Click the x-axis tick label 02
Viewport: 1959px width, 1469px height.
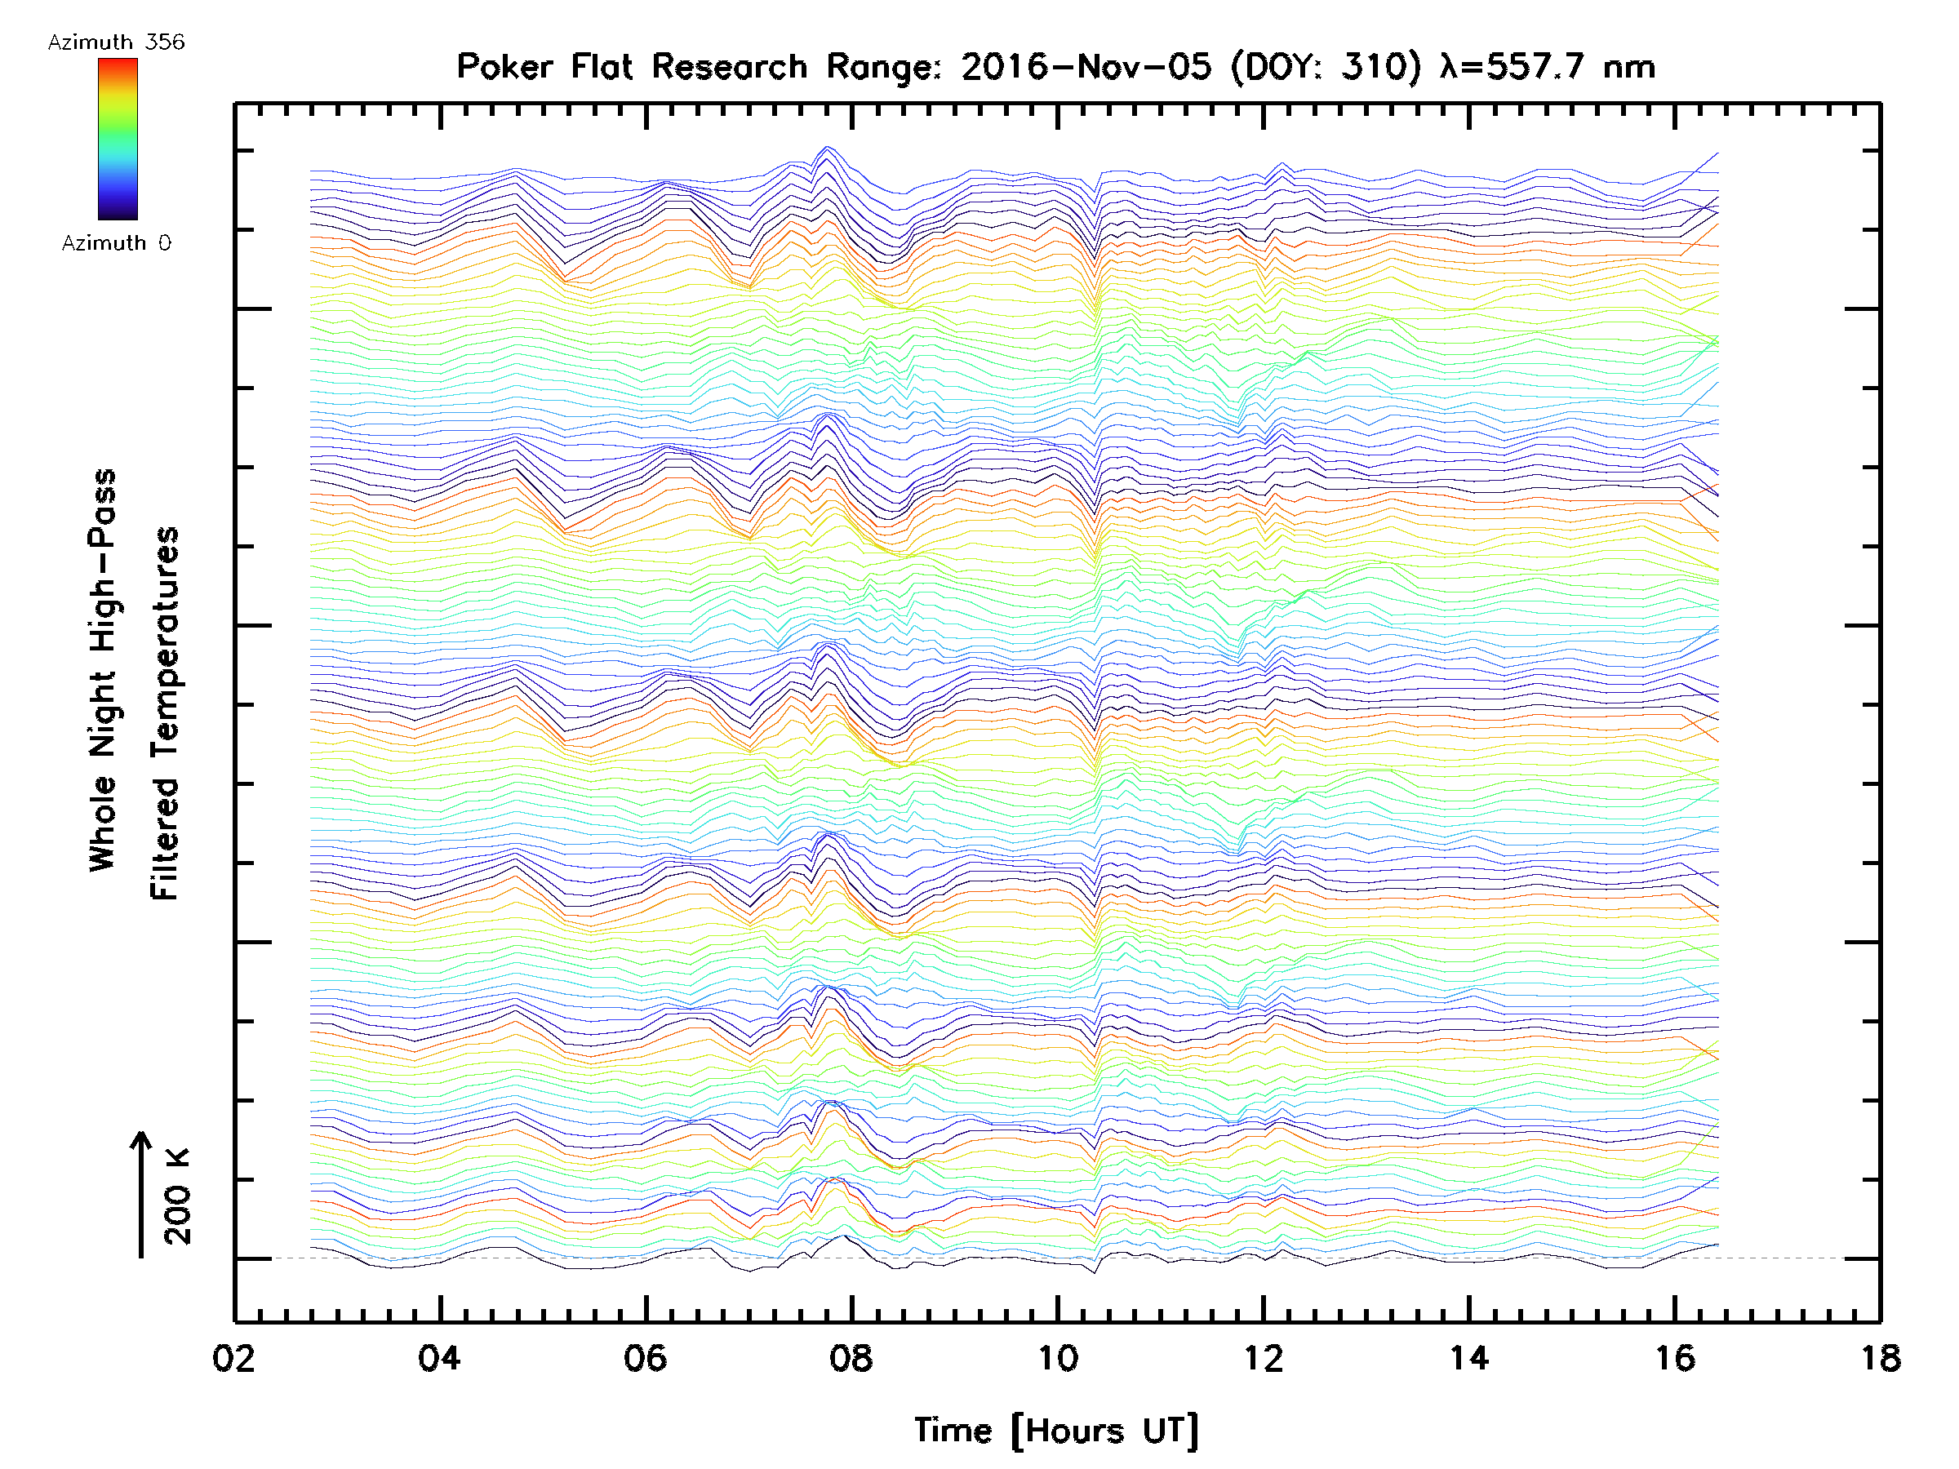[x=233, y=1358]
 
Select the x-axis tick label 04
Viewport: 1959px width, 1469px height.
[x=439, y=1358]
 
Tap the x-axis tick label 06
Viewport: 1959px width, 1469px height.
[x=645, y=1358]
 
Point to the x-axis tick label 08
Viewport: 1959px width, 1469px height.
[x=851, y=1358]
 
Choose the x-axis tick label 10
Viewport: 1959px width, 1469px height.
[x=1056, y=1358]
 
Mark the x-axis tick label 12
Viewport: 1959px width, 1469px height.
[x=1263, y=1358]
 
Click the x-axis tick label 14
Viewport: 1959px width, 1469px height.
[x=1468, y=1358]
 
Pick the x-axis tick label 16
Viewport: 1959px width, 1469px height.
[x=1674, y=1358]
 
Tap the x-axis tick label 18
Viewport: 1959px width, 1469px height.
[x=1879, y=1358]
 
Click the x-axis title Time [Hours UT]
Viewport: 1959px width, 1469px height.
[x=1056, y=1431]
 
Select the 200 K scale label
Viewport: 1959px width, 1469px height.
[x=177, y=1196]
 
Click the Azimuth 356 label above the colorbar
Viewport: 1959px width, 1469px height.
[x=116, y=42]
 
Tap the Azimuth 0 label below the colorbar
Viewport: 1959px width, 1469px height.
[x=116, y=242]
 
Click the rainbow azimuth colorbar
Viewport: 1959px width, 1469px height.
[x=118, y=139]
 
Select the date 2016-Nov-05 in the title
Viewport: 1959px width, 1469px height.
[x=1086, y=67]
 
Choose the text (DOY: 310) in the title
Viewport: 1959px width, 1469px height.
[x=1326, y=67]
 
